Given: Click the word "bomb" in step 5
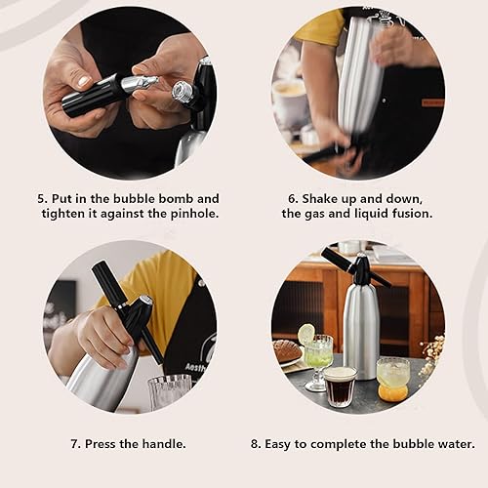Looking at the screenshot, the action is [176, 198].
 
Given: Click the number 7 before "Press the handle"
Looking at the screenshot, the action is [74, 444].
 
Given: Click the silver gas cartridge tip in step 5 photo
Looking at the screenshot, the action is [140, 84].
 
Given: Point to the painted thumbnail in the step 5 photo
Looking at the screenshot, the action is [84, 81].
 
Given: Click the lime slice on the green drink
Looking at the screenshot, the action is [306, 334].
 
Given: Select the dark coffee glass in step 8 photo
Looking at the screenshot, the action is [341, 386].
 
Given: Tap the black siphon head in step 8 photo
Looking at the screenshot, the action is [356, 267].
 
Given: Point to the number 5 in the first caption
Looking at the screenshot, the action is [42, 199].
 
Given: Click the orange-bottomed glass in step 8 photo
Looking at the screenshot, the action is [393, 379].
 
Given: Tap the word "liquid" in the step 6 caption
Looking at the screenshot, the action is [369, 214].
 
